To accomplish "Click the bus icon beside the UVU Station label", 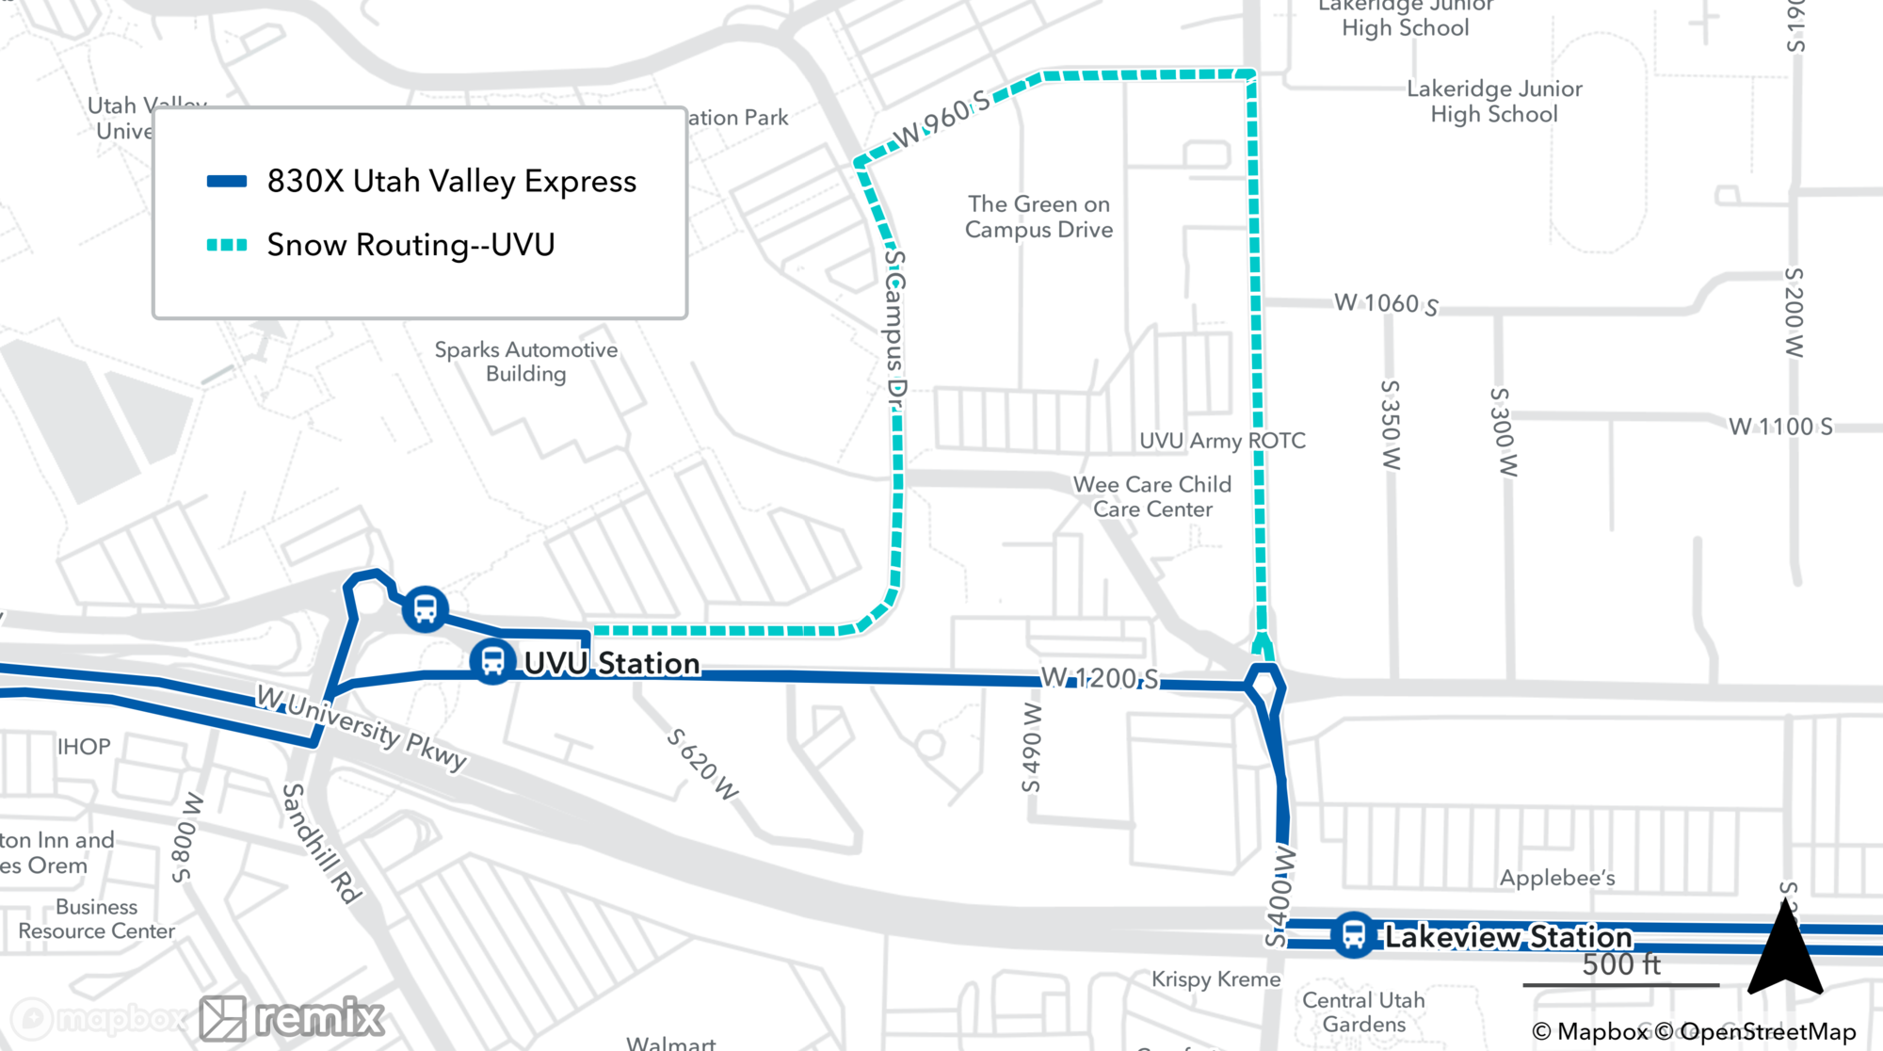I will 492,662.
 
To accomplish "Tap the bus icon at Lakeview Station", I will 1353,935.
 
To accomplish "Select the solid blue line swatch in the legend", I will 227,182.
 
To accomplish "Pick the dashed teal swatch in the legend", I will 227,245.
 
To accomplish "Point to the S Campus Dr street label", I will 894,330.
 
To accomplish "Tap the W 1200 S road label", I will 1100,678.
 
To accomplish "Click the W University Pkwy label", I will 362,728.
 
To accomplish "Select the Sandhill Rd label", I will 321,843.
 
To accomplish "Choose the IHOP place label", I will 84,747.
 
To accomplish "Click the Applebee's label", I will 1557,878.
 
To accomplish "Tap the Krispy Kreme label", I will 1215,979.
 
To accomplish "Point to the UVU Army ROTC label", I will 1222,441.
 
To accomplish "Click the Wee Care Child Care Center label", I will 1152,496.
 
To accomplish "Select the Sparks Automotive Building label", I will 526,362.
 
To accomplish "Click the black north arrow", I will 1785,951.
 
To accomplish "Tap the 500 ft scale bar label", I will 1621,964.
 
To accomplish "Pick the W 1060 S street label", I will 1386,303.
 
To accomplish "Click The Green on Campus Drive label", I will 1038,217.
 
